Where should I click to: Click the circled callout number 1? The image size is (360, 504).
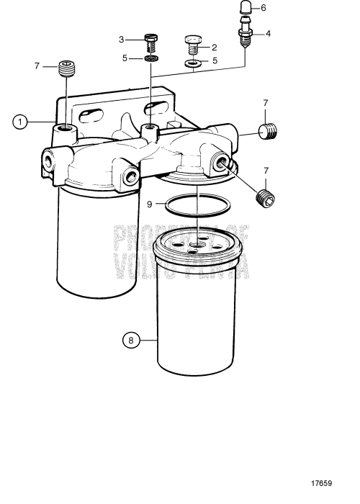pyautogui.click(x=21, y=122)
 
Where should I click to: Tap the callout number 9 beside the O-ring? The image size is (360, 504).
pyautogui.click(x=150, y=204)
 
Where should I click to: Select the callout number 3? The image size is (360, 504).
pyautogui.click(x=122, y=39)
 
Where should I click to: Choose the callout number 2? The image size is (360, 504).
pyautogui.click(x=214, y=48)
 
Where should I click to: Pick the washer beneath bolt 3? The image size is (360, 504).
pyautogui.click(x=150, y=58)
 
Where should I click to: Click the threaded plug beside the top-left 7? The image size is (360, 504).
pyautogui.click(x=66, y=71)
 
